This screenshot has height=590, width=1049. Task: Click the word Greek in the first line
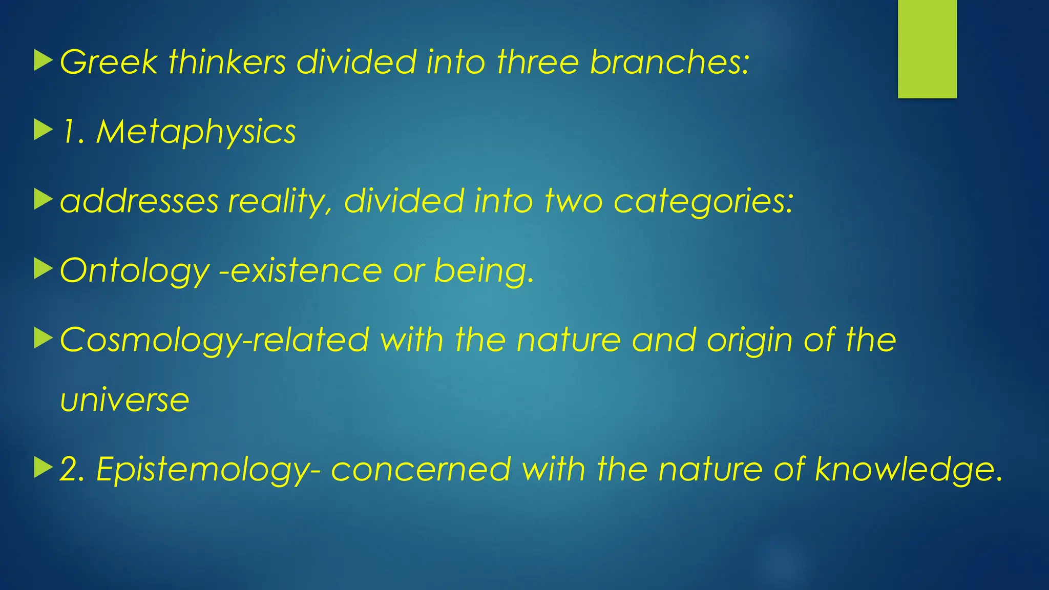click(x=109, y=62)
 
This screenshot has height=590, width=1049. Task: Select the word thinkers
click(x=227, y=62)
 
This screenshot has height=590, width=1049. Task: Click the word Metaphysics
click(x=196, y=132)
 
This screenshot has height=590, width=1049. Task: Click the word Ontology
click(x=135, y=270)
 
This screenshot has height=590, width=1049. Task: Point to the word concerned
click(x=421, y=469)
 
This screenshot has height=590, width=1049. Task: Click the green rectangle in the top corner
click(x=927, y=49)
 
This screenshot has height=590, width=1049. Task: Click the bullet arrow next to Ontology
click(x=43, y=269)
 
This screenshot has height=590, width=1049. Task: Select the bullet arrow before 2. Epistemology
click(x=43, y=468)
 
